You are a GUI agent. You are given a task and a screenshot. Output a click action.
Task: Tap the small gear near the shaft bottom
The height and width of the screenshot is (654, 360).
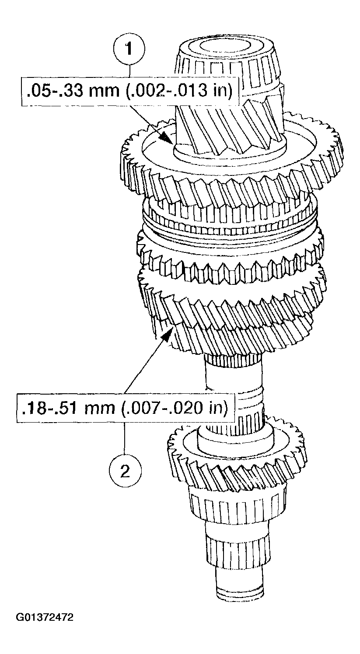236,459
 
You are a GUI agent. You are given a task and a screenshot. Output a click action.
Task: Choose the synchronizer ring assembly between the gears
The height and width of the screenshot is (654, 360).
232,219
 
